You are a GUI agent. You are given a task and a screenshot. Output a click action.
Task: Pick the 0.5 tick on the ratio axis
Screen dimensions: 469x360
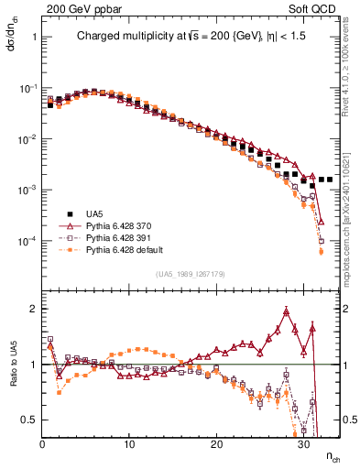coord(28,420)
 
